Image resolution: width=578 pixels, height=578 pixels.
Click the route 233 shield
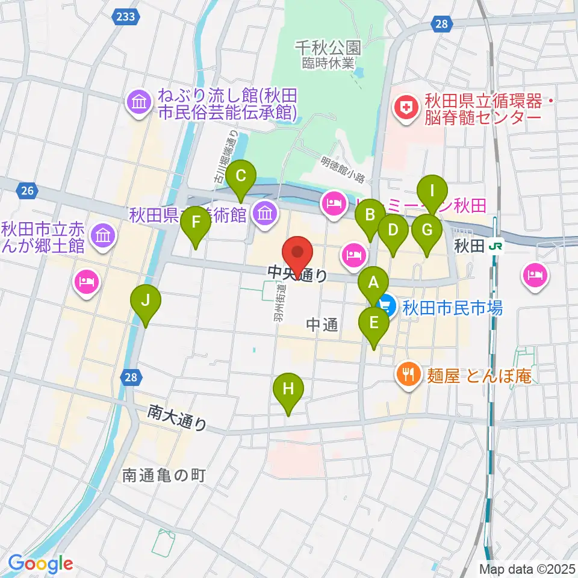point(126,17)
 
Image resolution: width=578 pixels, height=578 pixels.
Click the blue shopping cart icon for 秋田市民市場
point(387,308)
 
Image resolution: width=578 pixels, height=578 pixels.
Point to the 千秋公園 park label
point(328,47)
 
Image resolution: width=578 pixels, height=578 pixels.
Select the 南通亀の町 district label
point(164,475)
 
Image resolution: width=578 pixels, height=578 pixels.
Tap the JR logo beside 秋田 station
point(496,246)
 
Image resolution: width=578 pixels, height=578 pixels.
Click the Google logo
point(40,564)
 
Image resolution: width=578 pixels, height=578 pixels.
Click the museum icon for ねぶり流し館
point(140,103)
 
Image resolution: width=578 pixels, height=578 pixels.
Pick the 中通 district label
point(322,324)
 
